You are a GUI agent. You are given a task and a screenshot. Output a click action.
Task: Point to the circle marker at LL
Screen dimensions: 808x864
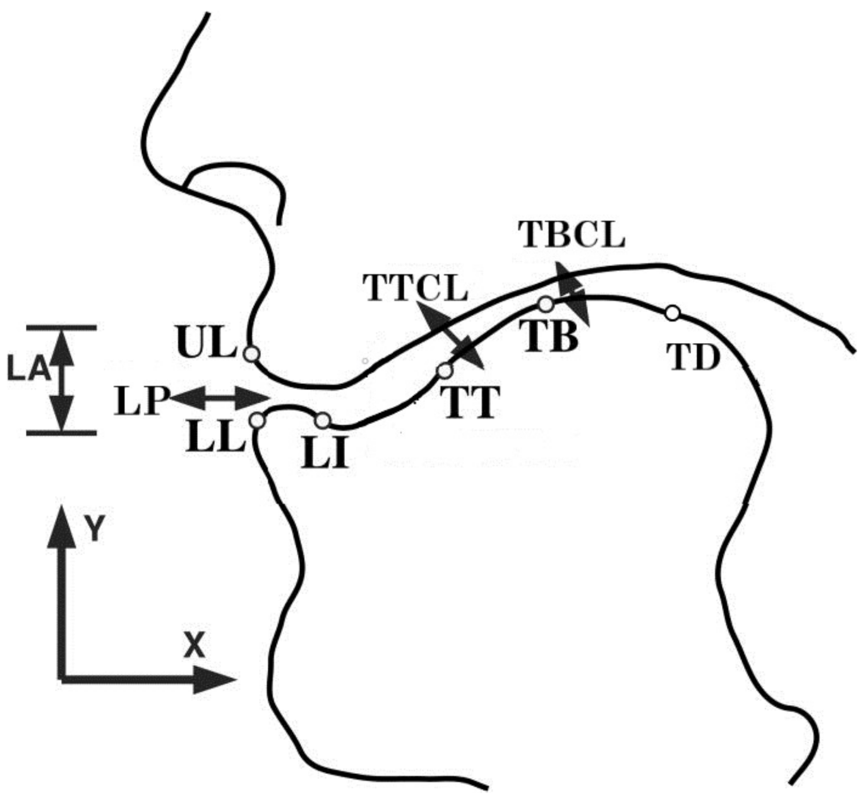[256, 420]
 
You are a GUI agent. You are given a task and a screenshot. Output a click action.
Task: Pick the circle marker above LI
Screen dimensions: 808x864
[323, 420]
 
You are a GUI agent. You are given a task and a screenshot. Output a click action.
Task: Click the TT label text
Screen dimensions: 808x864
[471, 404]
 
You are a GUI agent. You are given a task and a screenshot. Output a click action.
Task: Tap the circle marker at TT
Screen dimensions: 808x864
[445, 370]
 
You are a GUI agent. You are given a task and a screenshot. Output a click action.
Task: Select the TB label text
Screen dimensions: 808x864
[549, 337]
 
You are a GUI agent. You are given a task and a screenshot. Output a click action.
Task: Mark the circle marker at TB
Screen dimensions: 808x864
[546, 305]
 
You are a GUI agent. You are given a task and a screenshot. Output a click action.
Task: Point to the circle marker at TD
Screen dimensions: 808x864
[673, 313]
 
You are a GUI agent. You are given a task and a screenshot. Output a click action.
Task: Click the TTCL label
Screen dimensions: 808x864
[416, 289]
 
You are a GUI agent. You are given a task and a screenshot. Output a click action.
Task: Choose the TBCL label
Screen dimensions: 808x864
[572, 234]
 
